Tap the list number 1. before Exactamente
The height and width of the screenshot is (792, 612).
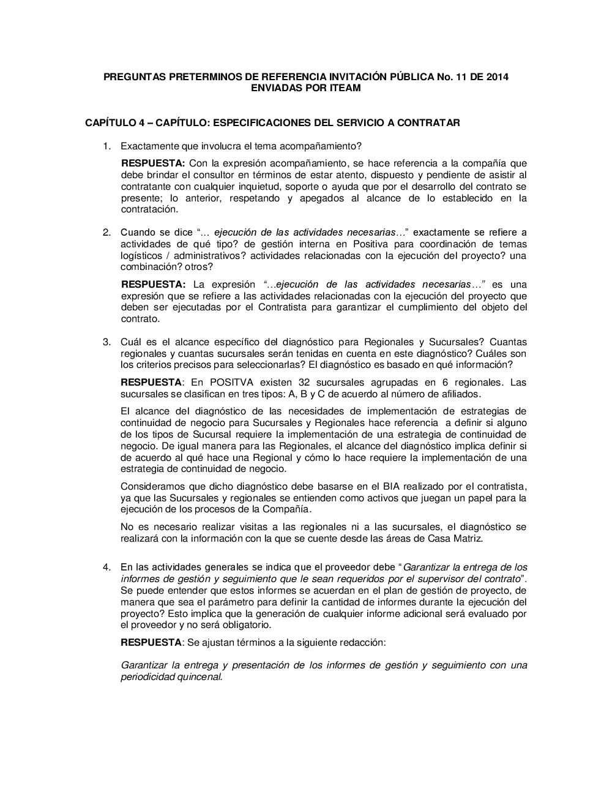pyautogui.click(x=106, y=146)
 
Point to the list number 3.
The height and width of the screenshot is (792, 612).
pyautogui.click(x=106, y=342)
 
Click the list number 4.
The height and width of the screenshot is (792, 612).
pyautogui.click(x=106, y=567)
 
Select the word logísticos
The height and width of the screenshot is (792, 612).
pyautogui.click(x=142, y=256)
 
